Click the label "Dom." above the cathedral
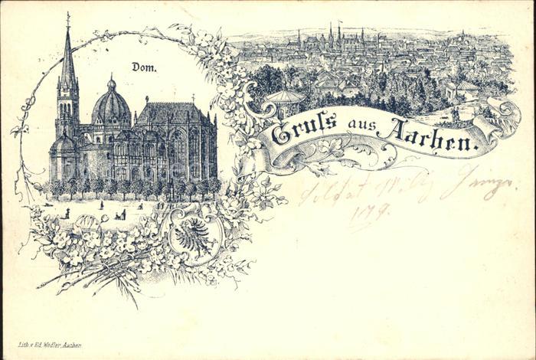point(143,67)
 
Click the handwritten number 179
point(371,211)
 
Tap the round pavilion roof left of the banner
point(283,97)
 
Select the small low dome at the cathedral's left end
point(63,143)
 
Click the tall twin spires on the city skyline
point(335,34)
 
